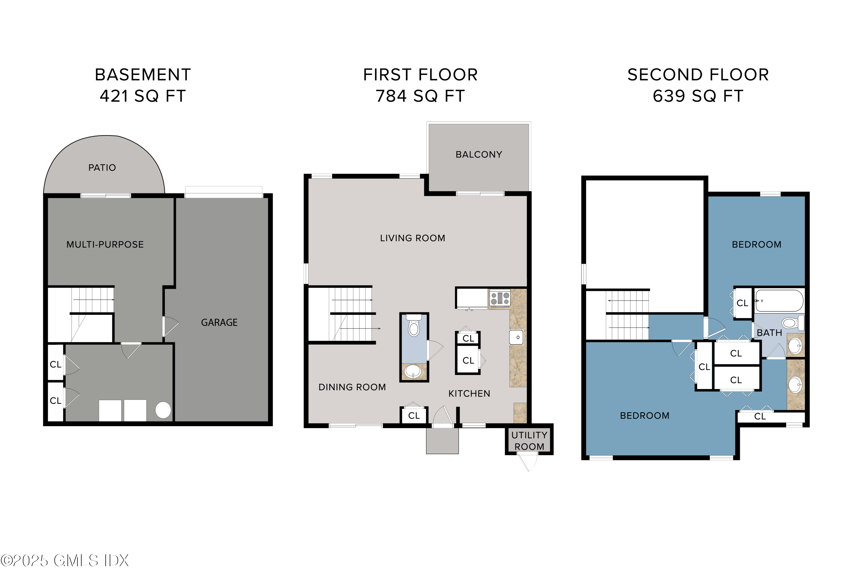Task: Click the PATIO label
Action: coord(102,168)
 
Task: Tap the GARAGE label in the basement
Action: coord(219,323)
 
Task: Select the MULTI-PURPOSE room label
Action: coord(105,245)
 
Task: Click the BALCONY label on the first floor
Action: coord(479,155)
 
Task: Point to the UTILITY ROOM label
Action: coord(529,441)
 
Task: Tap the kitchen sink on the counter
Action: coord(516,337)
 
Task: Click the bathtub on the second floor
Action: coord(779,301)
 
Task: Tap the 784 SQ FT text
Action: coord(420,96)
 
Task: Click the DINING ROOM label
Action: coord(352,387)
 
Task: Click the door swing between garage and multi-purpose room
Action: coord(170,326)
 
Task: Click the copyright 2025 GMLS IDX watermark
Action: coord(65,561)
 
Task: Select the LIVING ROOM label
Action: coord(412,238)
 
